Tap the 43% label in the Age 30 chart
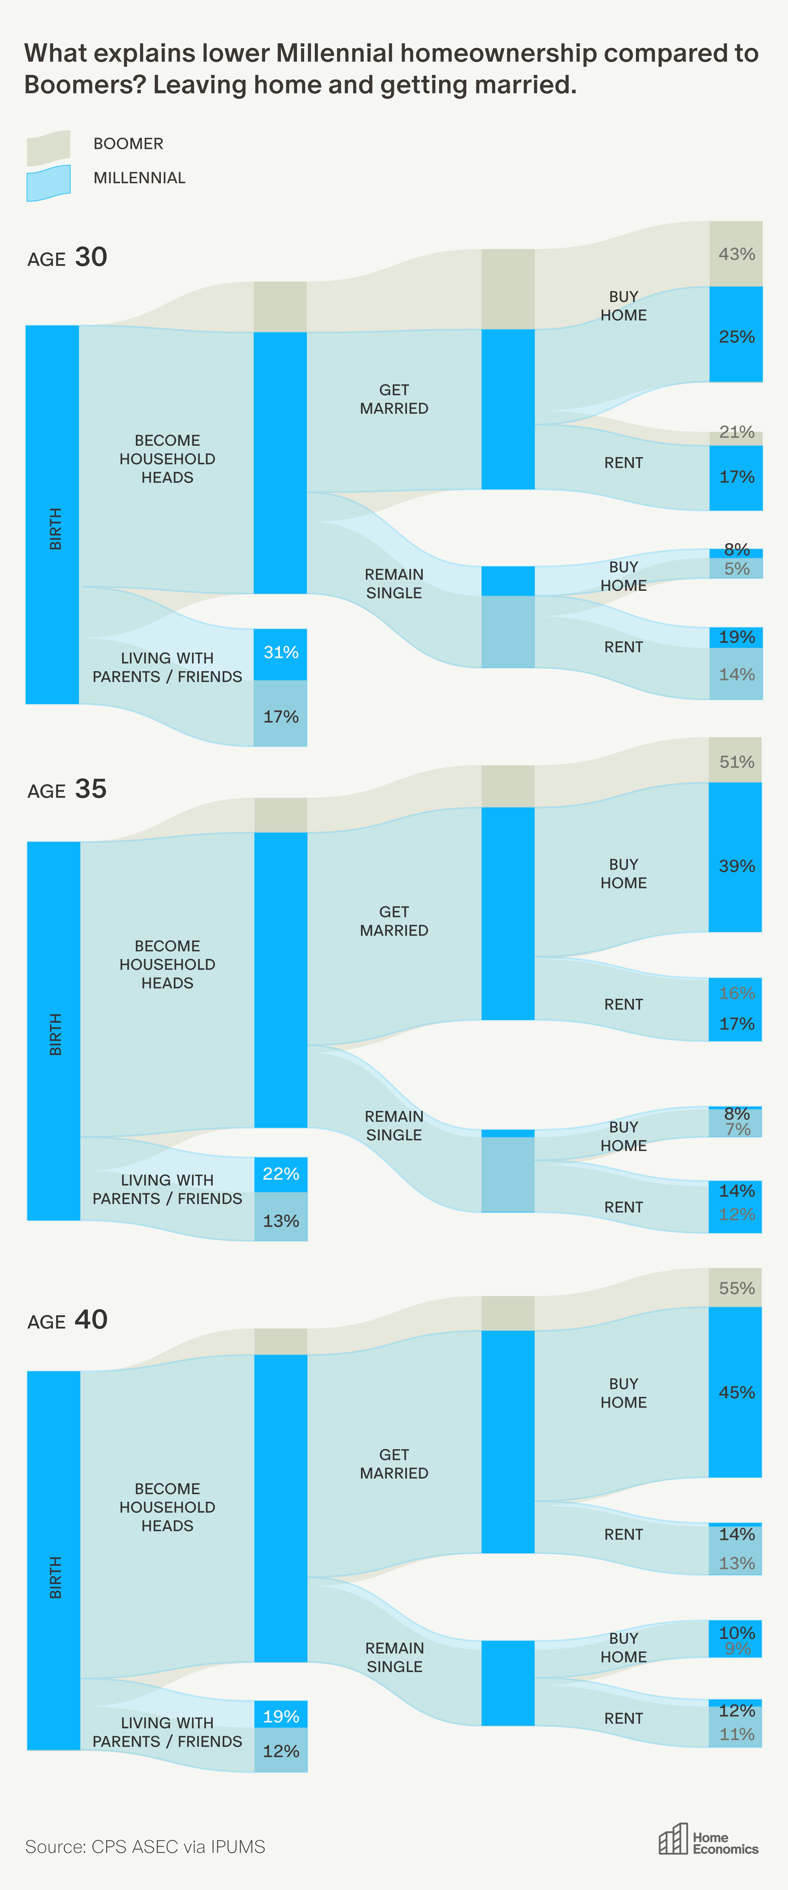[x=737, y=254]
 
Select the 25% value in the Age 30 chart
[x=737, y=337]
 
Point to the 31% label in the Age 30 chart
[x=281, y=652]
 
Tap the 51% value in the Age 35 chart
[x=737, y=762]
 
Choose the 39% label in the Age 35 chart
[x=737, y=866]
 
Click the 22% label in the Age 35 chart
[x=281, y=1174]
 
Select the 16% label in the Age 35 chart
[x=737, y=993]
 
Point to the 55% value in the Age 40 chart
[x=737, y=1288]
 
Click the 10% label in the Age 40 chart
[x=737, y=1632]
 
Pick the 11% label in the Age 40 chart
[x=737, y=1734]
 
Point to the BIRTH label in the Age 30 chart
[x=55, y=528]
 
